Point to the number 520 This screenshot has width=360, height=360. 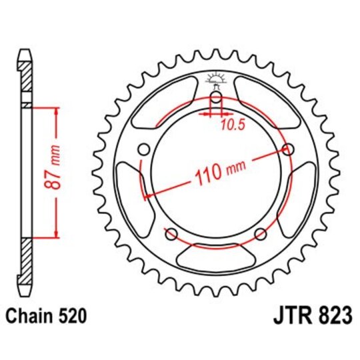click(x=72, y=315)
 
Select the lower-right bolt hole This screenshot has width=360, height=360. click(x=261, y=233)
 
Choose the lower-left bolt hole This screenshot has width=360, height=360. click(x=171, y=233)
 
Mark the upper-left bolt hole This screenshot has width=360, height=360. click(x=143, y=149)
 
